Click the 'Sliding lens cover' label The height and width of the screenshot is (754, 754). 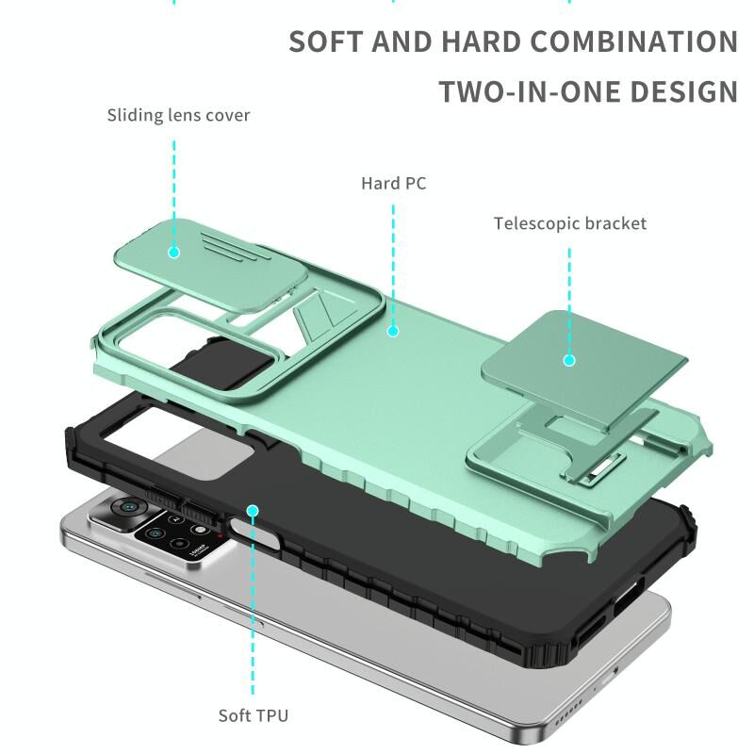point(178,115)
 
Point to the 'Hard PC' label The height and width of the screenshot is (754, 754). point(394,183)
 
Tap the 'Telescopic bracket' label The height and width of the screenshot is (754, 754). point(570,223)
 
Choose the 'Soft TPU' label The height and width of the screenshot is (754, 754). point(254,715)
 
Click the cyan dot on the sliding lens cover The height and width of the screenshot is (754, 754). point(174,252)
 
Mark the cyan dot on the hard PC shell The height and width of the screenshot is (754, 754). point(393,331)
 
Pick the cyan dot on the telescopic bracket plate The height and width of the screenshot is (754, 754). point(569,360)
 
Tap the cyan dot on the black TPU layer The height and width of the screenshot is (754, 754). point(253,511)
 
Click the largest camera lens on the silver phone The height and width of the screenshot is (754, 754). point(128,506)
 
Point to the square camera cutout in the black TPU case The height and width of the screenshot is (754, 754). point(178,442)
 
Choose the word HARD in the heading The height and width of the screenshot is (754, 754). point(481,41)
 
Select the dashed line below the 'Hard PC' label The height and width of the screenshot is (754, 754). point(393,265)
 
